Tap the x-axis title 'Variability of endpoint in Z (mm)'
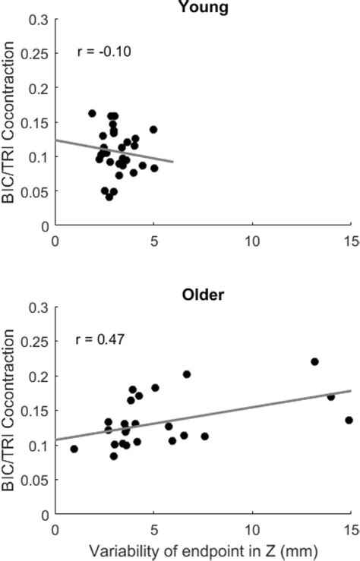[202, 550]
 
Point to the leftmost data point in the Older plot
[74, 449]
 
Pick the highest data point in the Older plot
[314, 361]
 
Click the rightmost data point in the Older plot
[349, 420]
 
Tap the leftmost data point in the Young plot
[92, 113]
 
